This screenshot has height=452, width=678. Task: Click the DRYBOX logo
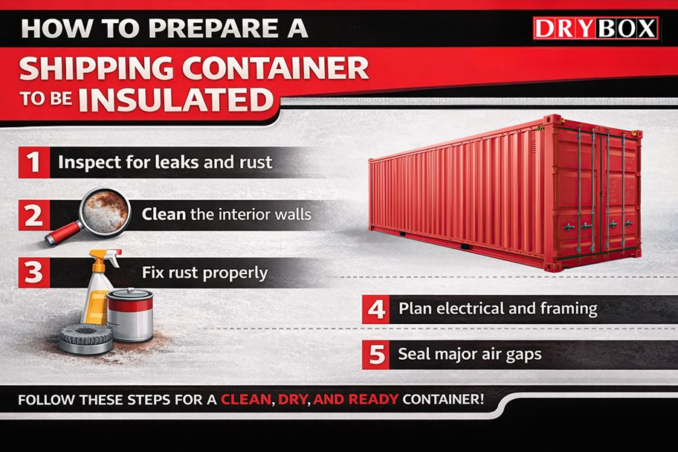point(595,28)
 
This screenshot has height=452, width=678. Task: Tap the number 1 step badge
point(34,162)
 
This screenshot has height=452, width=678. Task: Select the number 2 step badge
point(34,215)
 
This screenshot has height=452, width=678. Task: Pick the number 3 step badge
point(34,273)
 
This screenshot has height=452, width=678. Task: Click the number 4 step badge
point(376,309)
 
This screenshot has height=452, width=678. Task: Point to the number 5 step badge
point(376,355)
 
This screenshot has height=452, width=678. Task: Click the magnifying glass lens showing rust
point(105,211)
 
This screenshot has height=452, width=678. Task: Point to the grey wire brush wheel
point(86,338)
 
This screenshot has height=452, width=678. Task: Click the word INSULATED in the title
point(176,100)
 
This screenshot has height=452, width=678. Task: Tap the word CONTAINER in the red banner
point(275,68)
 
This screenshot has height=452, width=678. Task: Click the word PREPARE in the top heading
point(213,28)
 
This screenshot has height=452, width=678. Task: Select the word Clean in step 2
point(164,214)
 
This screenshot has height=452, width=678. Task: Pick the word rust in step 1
point(256,162)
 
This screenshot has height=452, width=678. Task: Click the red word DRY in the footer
point(293,399)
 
